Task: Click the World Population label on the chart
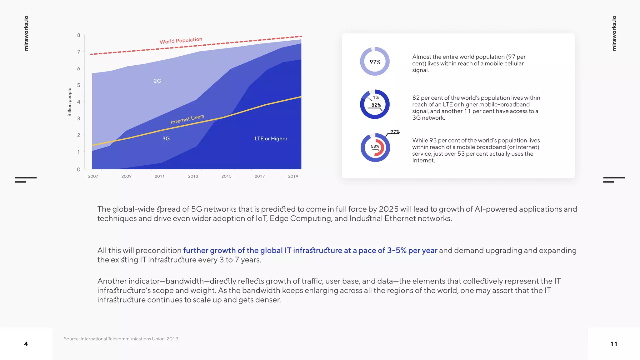click(181, 41)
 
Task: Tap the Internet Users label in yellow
click(187, 119)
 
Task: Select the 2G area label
click(157, 81)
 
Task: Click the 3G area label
click(166, 138)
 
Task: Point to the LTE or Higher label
click(271, 138)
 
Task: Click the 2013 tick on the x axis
click(193, 176)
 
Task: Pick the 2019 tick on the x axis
click(293, 176)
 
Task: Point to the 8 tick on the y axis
click(79, 35)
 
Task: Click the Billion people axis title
click(70, 102)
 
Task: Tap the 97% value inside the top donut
click(375, 62)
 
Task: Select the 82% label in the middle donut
click(376, 105)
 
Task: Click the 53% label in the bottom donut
click(375, 146)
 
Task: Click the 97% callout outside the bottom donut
click(395, 132)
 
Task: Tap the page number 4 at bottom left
click(26, 344)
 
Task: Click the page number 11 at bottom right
click(614, 344)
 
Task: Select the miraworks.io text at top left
click(26, 33)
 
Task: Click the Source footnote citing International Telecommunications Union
click(121, 339)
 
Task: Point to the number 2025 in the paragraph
click(388, 209)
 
